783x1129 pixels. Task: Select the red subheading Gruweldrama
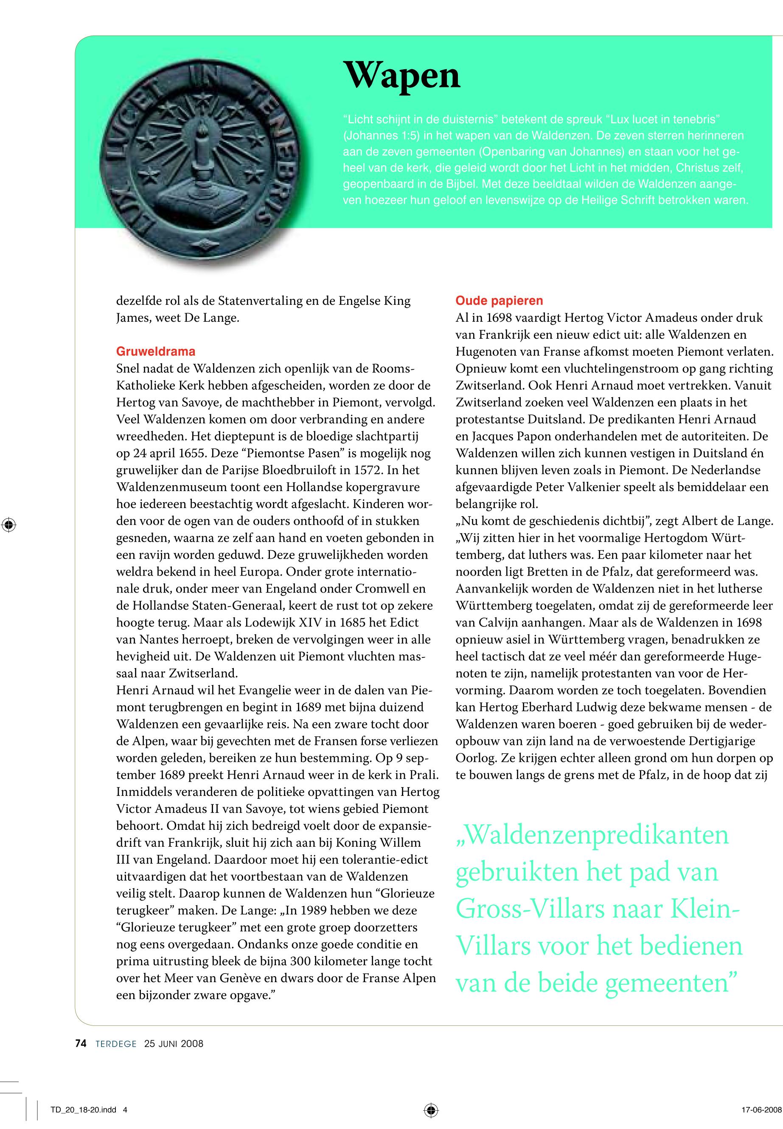pos(155,351)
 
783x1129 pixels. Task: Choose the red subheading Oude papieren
pos(499,301)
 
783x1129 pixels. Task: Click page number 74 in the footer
pos(81,1044)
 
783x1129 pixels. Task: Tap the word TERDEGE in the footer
pos(116,1044)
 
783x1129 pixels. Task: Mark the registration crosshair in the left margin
pos(8,525)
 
